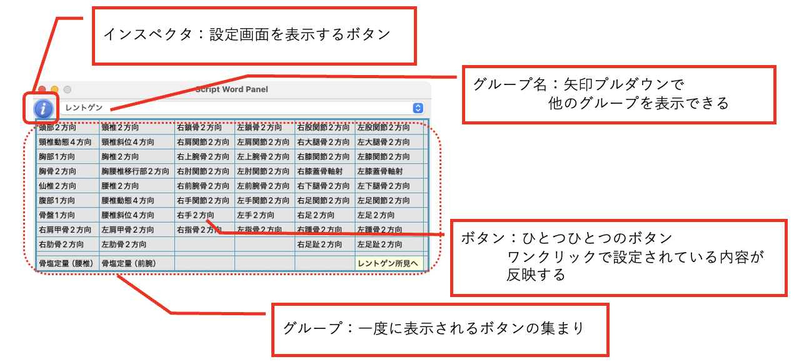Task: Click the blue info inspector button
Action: [42, 108]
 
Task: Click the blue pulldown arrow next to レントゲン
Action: [418, 108]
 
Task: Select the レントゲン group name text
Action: [84, 108]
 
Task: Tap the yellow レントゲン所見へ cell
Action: [388, 263]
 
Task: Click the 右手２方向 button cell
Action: [195, 215]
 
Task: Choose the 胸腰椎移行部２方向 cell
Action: [135, 171]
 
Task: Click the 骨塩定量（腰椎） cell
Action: [66, 263]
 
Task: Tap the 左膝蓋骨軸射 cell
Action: [380, 171]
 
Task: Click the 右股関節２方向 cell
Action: [323, 128]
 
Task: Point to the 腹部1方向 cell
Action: [58, 201]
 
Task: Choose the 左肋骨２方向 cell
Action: [124, 245]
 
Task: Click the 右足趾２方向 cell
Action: [319, 245]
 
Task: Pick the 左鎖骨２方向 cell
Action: [259, 128]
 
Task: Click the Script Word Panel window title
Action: [231, 89]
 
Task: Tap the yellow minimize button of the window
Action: [55, 89]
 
